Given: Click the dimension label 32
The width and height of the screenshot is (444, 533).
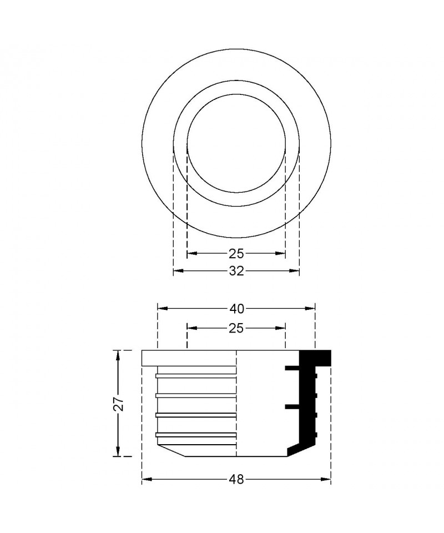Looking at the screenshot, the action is (x=236, y=271).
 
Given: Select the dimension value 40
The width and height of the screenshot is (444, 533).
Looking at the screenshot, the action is (x=236, y=309).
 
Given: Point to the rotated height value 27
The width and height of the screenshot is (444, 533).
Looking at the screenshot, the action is (x=118, y=404).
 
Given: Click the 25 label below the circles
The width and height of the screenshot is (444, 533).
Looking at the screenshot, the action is (x=236, y=253).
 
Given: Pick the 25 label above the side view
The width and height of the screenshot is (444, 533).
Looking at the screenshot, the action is (x=236, y=328).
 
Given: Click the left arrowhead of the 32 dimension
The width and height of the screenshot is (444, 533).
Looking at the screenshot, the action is (x=178, y=271).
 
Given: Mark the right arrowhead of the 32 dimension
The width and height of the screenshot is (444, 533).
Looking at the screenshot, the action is (x=294, y=271).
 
